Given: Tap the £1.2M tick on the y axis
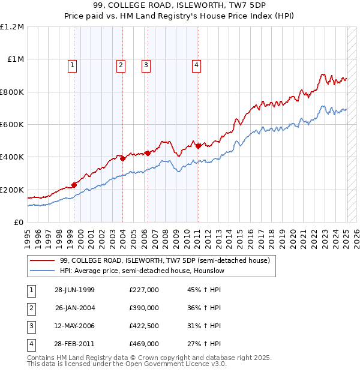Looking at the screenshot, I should (12, 27).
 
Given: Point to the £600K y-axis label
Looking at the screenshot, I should (12, 125).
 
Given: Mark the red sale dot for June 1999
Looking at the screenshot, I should (74, 185).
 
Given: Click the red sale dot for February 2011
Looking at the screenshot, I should (198, 146).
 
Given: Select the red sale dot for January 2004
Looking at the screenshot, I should (122, 158).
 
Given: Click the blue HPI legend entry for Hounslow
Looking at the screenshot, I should (142, 271).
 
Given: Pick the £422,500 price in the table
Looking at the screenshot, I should (144, 326).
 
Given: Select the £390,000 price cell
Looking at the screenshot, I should (144, 308).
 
